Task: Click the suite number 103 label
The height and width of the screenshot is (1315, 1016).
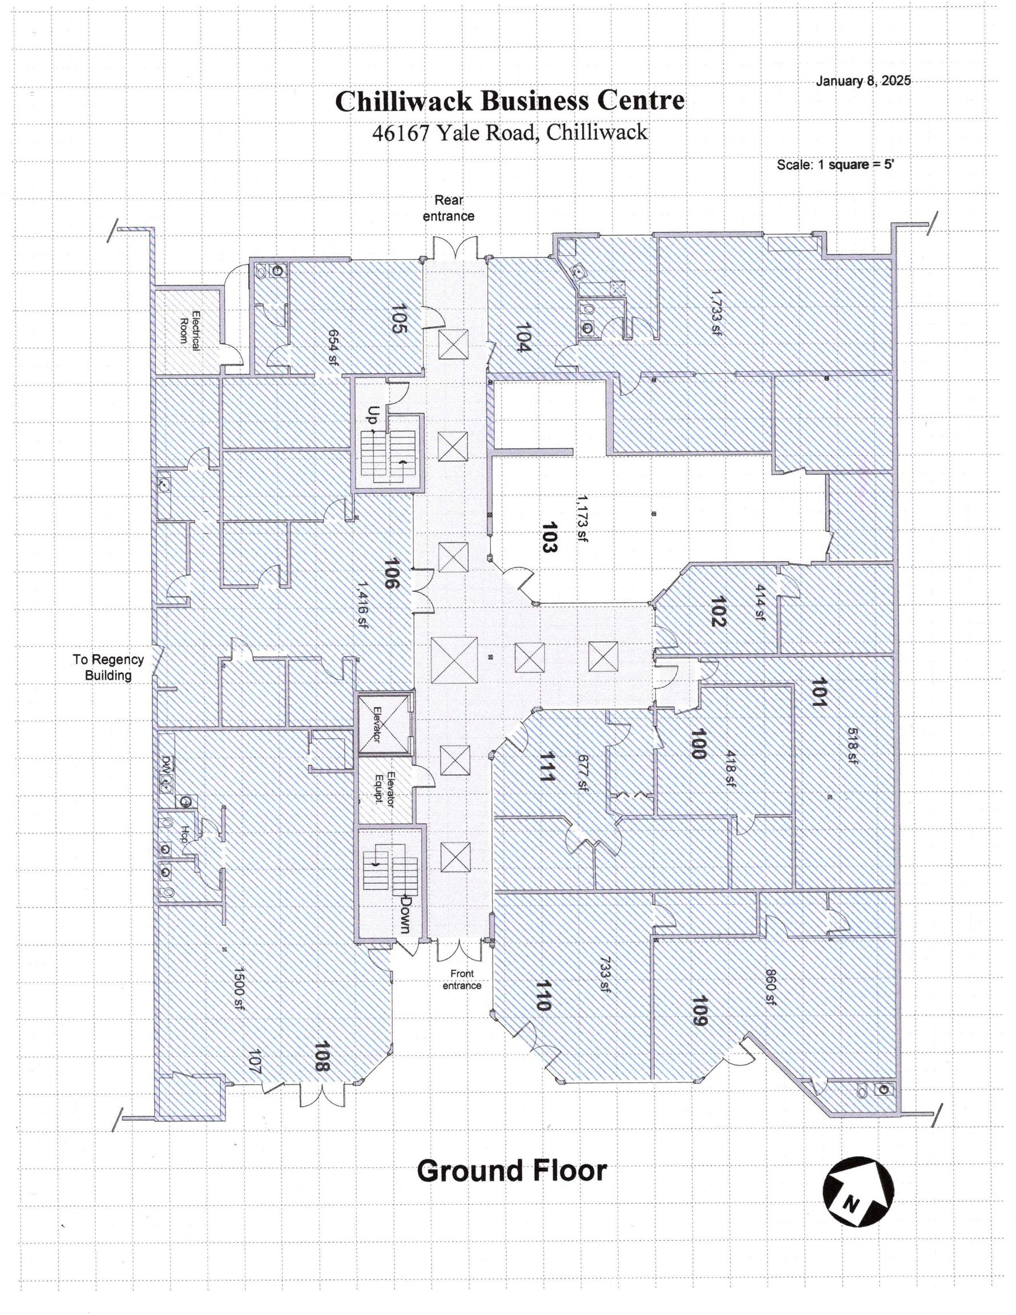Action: pyautogui.click(x=549, y=537)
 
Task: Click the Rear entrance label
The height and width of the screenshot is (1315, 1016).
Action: pyautogui.click(x=449, y=208)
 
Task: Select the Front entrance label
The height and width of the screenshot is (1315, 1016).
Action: pyautogui.click(x=462, y=979)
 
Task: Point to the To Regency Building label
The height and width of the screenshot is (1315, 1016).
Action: pyautogui.click(x=108, y=667)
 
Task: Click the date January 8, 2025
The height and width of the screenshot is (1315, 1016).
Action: pyautogui.click(x=863, y=80)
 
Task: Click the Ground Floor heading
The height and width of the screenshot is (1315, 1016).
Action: pyautogui.click(x=512, y=1171)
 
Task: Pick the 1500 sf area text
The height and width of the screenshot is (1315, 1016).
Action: pyautogui.click(x=239, y=988)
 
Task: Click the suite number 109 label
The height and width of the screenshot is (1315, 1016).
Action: pyautogui.click(x=700, y=1011)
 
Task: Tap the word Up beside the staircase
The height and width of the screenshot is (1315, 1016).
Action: pyautogui.click(x=373, y=414)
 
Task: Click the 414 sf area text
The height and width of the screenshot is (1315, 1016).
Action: pyautogui.click(x=760, y=602)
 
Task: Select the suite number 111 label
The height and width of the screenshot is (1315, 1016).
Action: pyautogui.click(x=546, y=767)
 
